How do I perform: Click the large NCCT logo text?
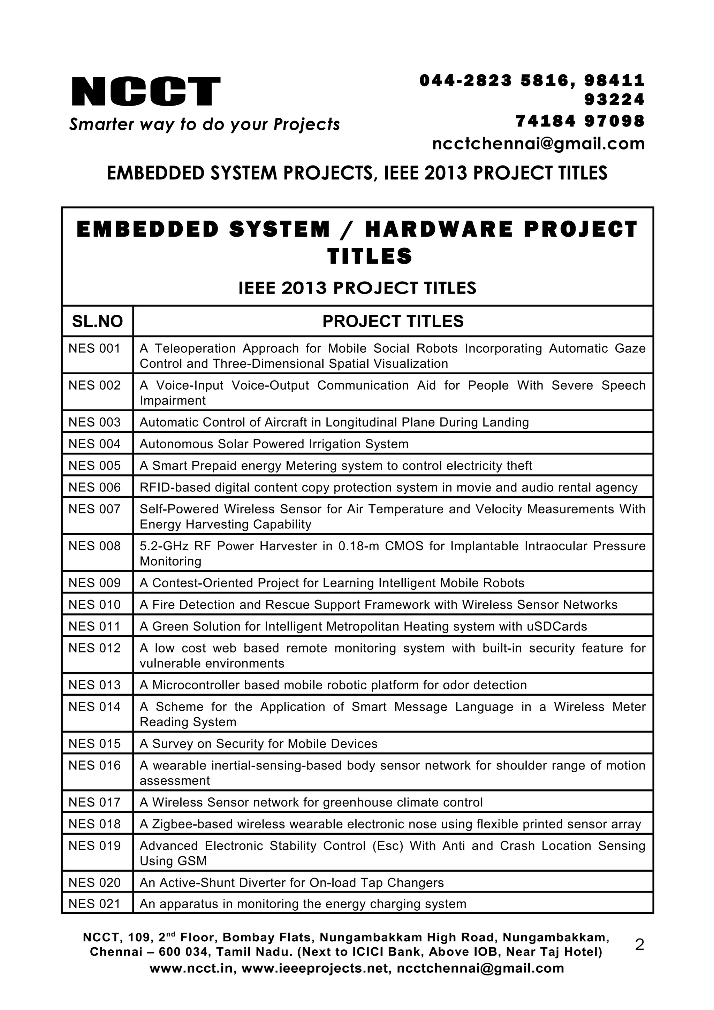click(x=146, y=92)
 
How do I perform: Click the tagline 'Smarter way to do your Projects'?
click(x=205, y=124)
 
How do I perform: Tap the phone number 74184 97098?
click(x=580, y=121)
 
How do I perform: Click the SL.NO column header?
click(x=97, y=322)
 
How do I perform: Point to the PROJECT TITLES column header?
click(x=393, y=322)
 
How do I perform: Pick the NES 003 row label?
click(x=94, y=422)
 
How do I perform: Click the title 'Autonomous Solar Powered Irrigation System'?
click(x=274, y=444)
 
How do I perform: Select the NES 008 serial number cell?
click(x=94, y=546)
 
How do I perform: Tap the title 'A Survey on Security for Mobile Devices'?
click(x=259, y=744)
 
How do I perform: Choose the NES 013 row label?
click(x=94, y=685)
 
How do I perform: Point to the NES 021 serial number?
click(x=94, y=904)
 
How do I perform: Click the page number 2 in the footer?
click(x=640, y=945)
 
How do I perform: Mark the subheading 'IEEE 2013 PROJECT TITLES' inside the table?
click(x=357, y=288)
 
